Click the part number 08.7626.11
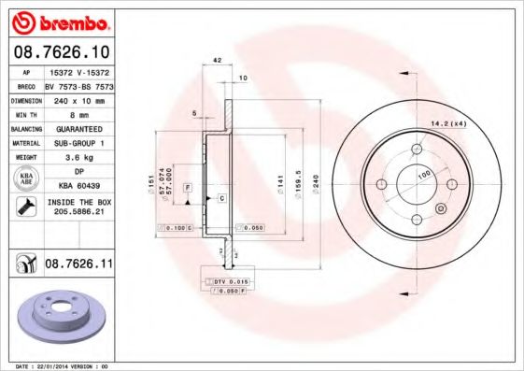(x=79, y=265)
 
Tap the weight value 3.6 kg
(x=78, y=158)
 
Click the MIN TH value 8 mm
(x=78, y=113)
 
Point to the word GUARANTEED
(x=78, y=128)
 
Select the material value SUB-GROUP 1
(x=78, y=143)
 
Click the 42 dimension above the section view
(x=217, y=60)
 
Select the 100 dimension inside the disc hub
(x=423, y=175)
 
